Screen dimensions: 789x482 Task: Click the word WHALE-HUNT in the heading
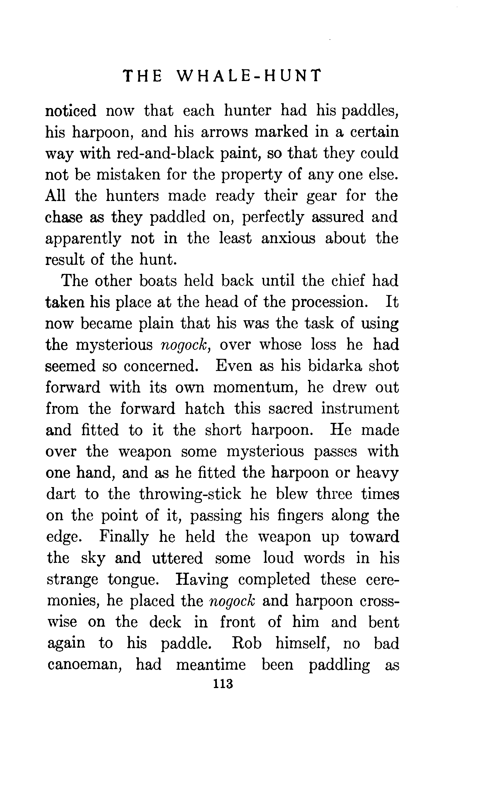tap(248, 76)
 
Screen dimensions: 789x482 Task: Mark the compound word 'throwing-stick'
tap(190, 494)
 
